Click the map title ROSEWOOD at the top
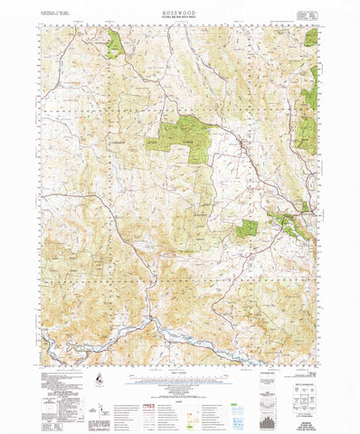180,13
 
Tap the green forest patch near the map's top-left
115,43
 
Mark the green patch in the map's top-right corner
312,38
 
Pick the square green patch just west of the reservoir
246,228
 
